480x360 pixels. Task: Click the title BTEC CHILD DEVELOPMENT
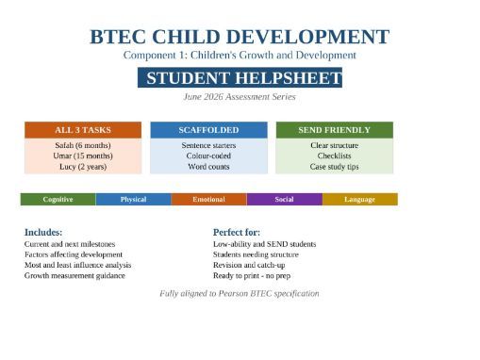pos(240,37)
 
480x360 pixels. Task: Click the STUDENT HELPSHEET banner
pos(240,77)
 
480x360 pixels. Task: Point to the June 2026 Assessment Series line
pos(240,96)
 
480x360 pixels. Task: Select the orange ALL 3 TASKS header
pos(82,130)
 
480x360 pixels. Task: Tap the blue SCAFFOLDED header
pos(208,130)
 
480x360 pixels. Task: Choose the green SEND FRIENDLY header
pos(334,130)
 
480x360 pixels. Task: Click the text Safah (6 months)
pos(82,145)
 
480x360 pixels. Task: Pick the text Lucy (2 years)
pos(82,167)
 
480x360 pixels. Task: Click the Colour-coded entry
pos(208,155)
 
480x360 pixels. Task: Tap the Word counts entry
pos(208,167)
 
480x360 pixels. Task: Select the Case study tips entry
pos(334,167)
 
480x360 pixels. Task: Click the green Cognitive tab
pos(58,199)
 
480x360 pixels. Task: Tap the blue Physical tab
pos(133,199)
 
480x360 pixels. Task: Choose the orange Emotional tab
pos(208,199)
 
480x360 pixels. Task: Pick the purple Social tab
pos(284,199)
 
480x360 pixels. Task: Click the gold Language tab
pos(359,199)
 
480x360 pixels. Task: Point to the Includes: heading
pos(43,232)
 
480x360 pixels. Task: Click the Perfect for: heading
pos(237,232)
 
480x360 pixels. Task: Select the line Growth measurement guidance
pos(77,276)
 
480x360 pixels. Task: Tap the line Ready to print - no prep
pos(257,276)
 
